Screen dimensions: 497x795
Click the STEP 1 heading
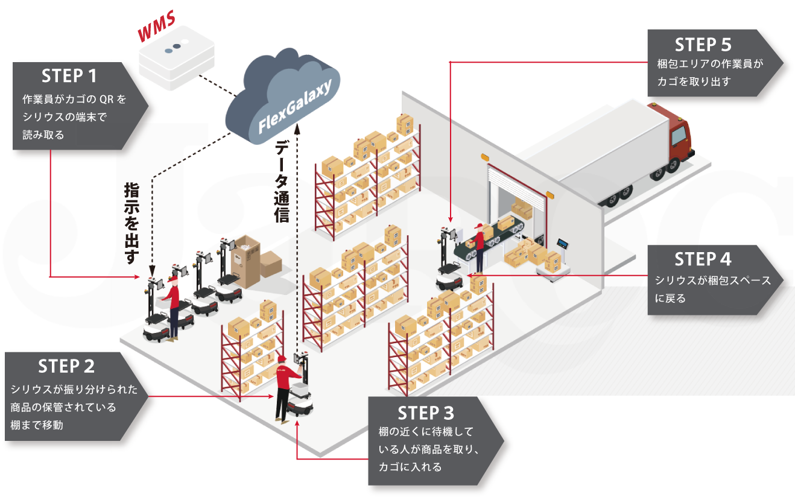click(69, 76)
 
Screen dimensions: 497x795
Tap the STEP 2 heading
click(66, 366)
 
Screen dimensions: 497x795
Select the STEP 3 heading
click(426, 413)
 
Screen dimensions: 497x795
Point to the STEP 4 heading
click(703, 259)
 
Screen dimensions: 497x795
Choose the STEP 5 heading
click(703, 45)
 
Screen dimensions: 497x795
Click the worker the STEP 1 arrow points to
click(172, 306)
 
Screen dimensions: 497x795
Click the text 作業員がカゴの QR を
click(74, 98)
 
